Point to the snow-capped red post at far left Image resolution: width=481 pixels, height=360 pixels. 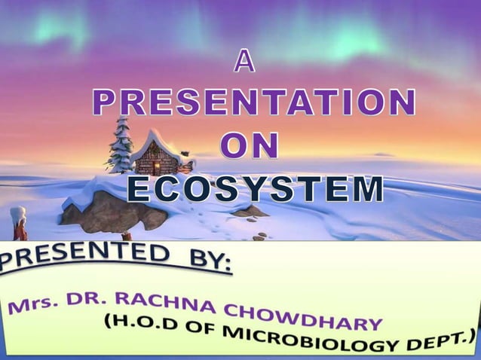[x=18, y=224]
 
